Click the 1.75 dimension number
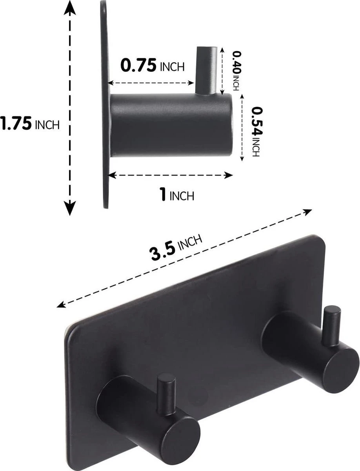point(16,124)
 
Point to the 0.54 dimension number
point(255,121)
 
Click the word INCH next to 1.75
point(47,125)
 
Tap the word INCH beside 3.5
point(190,241)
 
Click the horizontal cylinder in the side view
point(170,125)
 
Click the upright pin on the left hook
point(166,394)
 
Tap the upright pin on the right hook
point(331,325)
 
